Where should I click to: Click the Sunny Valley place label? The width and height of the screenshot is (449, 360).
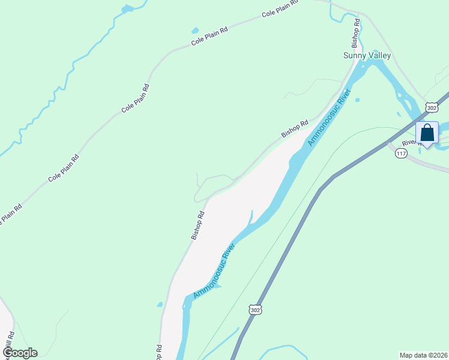pyautogui.click(x=367, y=56)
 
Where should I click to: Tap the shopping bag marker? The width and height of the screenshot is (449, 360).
pyautogui.click(x=427, y=133)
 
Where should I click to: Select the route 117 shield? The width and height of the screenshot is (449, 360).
pyautogui.click(x=401, y=154)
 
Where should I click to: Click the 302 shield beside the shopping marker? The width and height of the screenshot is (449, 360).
pyautogui.click(x=431, y=107)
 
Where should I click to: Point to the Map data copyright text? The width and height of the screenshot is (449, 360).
pyautogui.click(x=423, y=355)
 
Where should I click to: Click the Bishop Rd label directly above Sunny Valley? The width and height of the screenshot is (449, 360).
pyautogui.click(x=355, y=34)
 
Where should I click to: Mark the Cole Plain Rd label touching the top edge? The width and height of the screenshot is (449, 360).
pyautogui.click(x=280, y=10)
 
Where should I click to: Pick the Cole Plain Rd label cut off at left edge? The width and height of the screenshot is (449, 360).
pyautogui.click(x=11, y=215)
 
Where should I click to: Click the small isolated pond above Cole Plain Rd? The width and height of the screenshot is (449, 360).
pyautogui.click(x=194, y=31)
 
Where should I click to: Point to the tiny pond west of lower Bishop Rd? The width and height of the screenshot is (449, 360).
pyautogui.click(x=160, y=304)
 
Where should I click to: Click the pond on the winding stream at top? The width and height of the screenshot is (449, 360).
pyautogui.click(x=127, y=9)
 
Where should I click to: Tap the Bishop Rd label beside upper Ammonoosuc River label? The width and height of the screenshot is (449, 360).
pyautogui.click(x=295, y=128)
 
